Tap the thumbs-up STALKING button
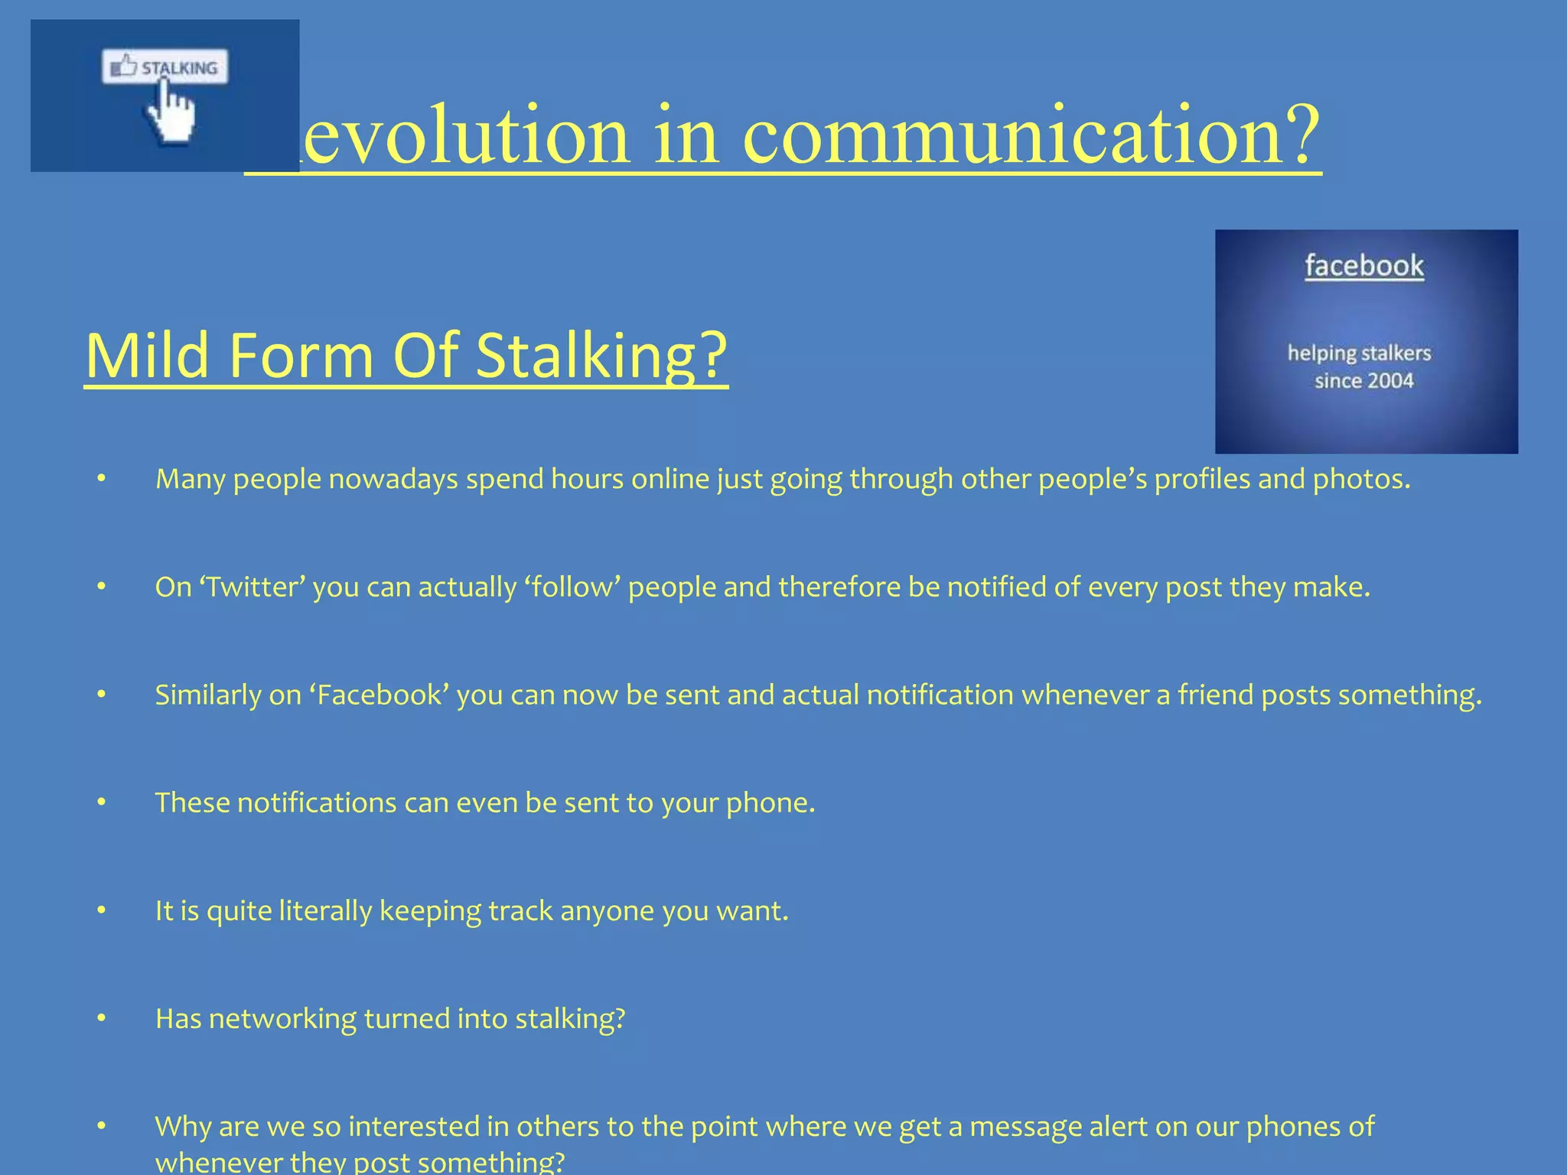[x=165, y=68]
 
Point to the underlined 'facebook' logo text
[x=1364, y=266]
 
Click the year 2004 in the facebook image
[x=1389, y=380]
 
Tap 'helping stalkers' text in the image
[x=1359, y=353]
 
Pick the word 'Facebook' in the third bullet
[x=380, y=695]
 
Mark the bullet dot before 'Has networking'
[x=101, y=1018]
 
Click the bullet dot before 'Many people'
[x=101, y=479]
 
